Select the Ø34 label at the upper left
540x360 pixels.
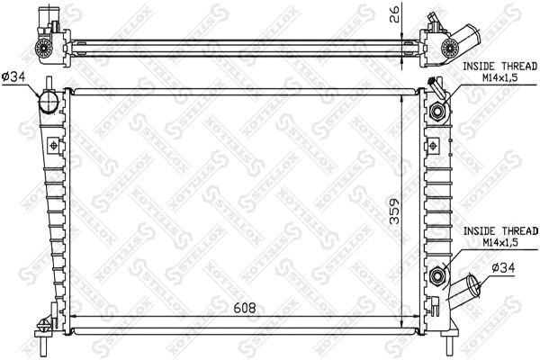click(x=13, y=77)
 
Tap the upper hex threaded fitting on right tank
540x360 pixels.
click(x=438, y=112)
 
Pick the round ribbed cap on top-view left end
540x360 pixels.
click(x=43, y=47)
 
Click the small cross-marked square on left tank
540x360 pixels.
click(x=54, y=145)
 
